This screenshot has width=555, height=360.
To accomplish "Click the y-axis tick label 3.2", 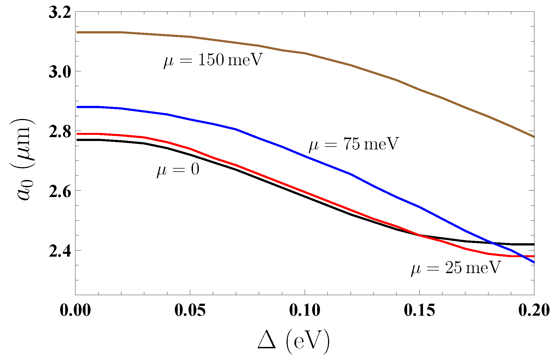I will click(x=59, y=12).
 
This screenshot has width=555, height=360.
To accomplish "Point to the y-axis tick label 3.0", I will click(x=59, y=72).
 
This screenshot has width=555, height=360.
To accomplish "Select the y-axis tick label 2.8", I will click(x=59, y=131).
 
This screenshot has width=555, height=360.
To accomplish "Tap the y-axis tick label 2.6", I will click(x=59, y=191).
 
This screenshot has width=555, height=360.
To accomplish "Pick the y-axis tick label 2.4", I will click(x=59, y=251).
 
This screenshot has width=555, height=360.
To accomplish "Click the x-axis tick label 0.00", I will click(x=75, y=310).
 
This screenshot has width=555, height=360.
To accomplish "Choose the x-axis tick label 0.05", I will click(x=190, y=310).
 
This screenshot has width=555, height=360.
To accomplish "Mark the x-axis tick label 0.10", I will click(x=305, y=310).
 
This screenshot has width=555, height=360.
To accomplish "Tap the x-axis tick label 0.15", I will click(x=419, y=310).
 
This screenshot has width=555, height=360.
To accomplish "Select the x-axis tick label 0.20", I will click(x=534, y=310).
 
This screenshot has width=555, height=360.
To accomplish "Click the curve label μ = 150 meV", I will click(x=213, y=60).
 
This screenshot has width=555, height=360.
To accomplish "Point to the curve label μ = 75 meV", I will click(x=354, y=144).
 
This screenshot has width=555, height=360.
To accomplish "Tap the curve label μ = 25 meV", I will click(x=456, y=268).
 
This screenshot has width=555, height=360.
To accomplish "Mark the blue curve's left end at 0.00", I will click(x=76, y=107).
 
